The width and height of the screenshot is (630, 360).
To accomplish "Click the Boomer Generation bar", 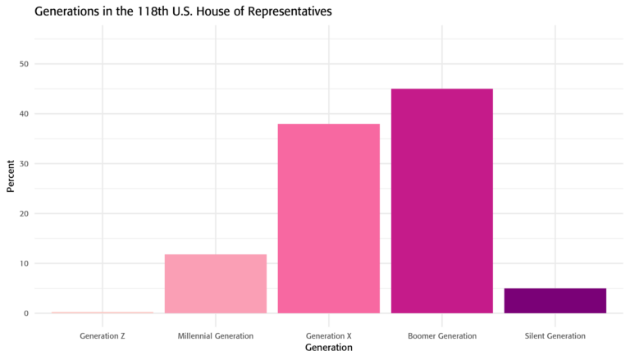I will (441, 201).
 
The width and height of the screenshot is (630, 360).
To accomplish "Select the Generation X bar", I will (328, 218).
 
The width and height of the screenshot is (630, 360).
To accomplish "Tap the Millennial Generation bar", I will (216, 284).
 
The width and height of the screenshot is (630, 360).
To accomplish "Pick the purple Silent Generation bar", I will (555, 301).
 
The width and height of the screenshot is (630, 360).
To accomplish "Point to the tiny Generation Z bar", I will (103, 312).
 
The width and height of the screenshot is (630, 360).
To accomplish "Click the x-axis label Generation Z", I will (103, 335).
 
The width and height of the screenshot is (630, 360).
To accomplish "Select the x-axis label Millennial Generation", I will (216, 335).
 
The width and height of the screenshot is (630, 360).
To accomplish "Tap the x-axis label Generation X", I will (328, 335).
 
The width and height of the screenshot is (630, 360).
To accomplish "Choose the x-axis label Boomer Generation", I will (441, 335).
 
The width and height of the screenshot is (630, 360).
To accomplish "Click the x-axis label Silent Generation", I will (555, 335).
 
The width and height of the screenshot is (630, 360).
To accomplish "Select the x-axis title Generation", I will (328, 348).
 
